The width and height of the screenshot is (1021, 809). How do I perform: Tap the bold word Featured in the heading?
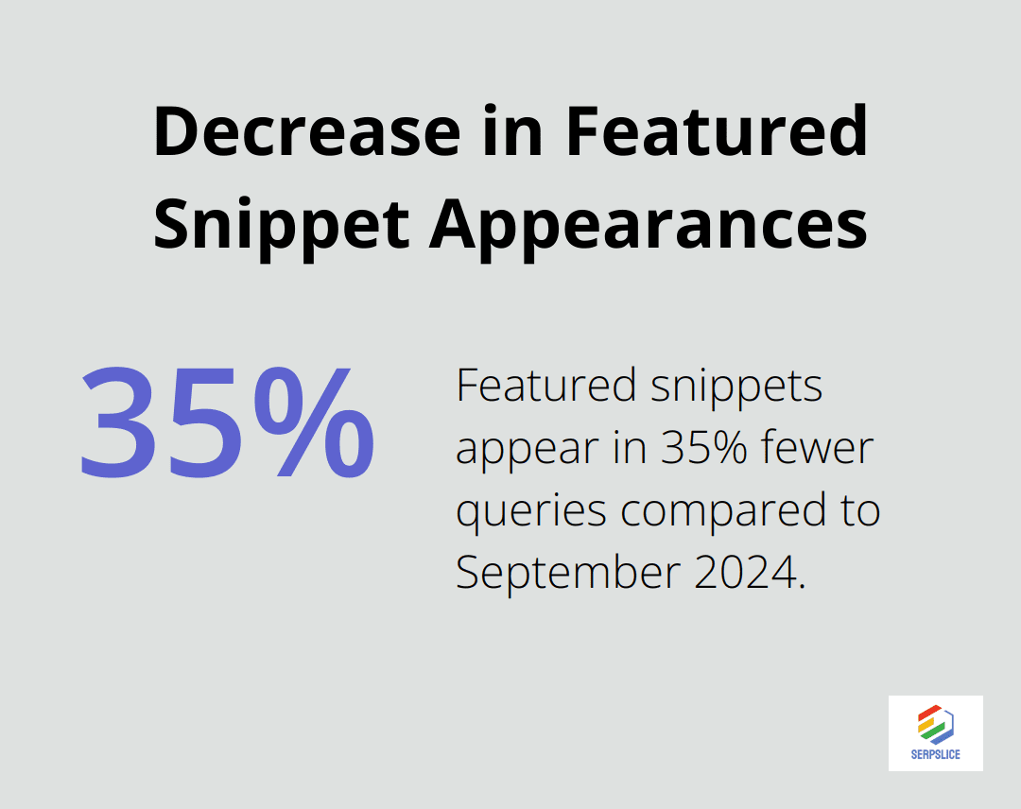point(717,132)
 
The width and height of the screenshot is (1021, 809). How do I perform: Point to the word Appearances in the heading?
point(648,225)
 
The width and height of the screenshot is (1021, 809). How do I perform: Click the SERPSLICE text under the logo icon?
point(936,755)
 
